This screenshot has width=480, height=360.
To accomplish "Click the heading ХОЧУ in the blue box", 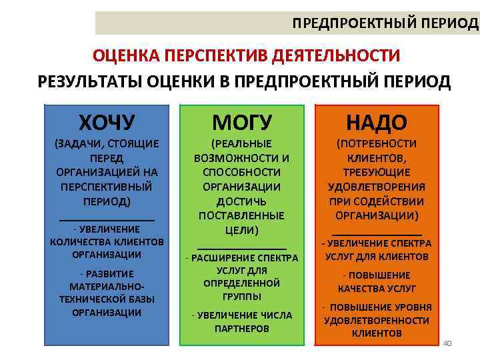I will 107,123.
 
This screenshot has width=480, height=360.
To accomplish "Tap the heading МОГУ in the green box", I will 241,123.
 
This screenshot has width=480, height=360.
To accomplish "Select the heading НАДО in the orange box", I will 376,123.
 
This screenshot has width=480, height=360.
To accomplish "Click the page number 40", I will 447,343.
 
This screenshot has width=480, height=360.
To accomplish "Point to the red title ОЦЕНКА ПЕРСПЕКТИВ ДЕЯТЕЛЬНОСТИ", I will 246,55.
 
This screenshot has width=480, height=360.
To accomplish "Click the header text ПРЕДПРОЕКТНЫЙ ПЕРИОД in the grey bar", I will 385,23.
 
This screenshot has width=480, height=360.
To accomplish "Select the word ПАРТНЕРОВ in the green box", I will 241,329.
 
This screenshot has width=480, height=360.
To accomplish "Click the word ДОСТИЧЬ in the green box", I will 241,201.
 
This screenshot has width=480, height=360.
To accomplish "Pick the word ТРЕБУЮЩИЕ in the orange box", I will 376,173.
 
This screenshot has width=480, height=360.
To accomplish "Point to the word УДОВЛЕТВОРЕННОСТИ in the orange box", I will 376,321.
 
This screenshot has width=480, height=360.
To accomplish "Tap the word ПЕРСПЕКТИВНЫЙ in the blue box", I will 107,187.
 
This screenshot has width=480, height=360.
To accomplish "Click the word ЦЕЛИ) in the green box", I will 241,230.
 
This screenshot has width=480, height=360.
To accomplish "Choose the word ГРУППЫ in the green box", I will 241,297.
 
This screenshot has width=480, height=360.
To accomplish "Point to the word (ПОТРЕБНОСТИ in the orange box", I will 376,143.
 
